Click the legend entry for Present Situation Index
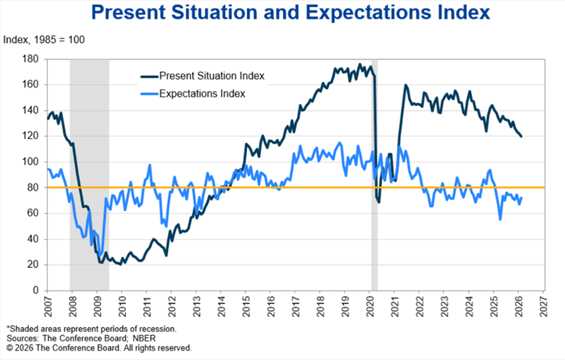click(x=211, y=76)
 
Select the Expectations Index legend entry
click(x=202, y=94)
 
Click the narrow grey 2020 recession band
click(x=374, y=172)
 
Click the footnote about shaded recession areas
click(x=91, y=329)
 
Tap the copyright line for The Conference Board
click(x=98, y=348)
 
